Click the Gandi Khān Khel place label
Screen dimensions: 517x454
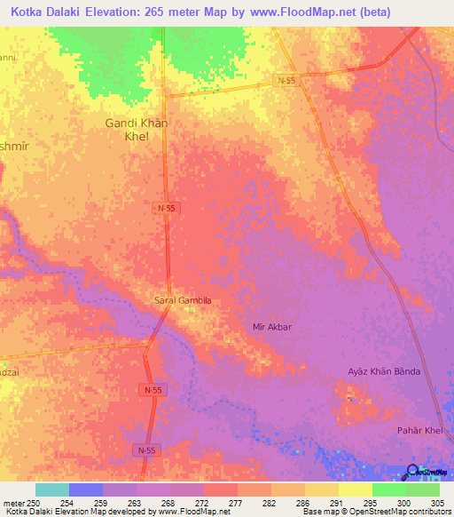[137, 130]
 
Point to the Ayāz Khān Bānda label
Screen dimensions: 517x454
[383, 370]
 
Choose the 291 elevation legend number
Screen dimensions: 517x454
[336, 503]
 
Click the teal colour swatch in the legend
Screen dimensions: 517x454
[51, 489]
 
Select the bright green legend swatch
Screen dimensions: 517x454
[388, 489]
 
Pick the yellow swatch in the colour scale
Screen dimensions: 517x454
[355, 489]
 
